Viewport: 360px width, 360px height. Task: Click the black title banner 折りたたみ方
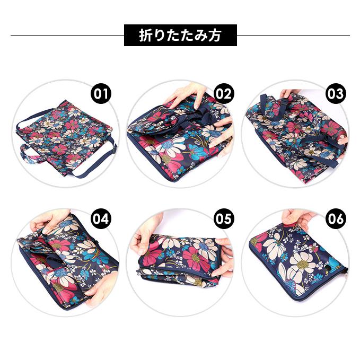pyautogui.click(x=180, y=36)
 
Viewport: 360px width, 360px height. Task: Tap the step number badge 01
pyautogui.click(x=101, y=94)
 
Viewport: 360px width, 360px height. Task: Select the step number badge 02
pyautogui.click(x=223, y=94)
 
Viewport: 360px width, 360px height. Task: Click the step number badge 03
pyautogui.click(x=335, y=94)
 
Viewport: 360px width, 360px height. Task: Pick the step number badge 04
pyautogui.click(x=101, y=218)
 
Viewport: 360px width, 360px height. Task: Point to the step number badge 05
pyautogui.click(x=223, y=218)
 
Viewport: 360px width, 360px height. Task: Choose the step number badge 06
pyautogui.click(x=335, y=218)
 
